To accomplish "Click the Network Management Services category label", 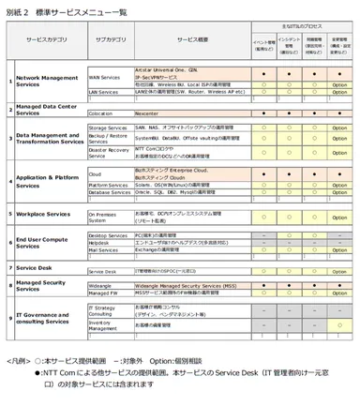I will pos(47,82).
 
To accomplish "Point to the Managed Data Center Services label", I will pos(47,108).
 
